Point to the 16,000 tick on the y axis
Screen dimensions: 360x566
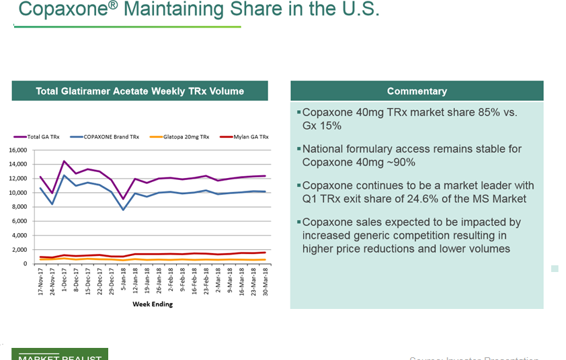(17, 150)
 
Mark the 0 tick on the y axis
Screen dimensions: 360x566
(25, 264)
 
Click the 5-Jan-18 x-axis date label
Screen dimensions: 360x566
(124, 282)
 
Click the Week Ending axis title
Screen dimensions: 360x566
(152, 304)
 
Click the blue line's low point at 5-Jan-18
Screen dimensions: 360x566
(123, 210)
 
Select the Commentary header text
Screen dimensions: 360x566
(417, 91)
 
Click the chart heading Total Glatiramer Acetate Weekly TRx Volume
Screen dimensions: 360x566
(140, 91)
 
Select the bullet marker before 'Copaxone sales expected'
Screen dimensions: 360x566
(298, 222)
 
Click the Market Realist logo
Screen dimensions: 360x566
(60, 355)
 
